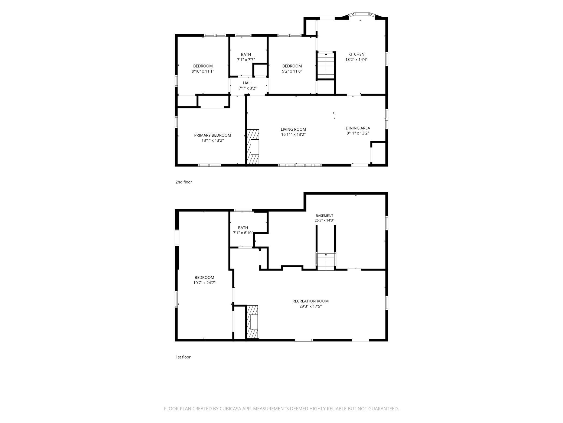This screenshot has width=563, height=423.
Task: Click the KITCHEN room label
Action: [356, 54]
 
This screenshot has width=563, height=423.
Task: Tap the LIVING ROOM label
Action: [293, 129]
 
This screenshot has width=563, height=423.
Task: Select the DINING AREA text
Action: [358, 128]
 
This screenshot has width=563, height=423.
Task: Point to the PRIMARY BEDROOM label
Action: [212, 135]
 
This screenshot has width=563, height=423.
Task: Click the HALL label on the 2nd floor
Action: [248, 83]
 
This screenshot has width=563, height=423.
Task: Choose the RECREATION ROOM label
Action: [310, 301]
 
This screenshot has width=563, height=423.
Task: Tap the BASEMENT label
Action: [325, 216]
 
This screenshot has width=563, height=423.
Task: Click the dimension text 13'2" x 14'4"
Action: [356, 60]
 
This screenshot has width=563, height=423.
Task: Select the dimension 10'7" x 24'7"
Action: [204, 283]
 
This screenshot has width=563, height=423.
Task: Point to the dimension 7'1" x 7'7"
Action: [246, 60]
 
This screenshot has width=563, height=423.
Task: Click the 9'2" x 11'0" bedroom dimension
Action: [292, 71]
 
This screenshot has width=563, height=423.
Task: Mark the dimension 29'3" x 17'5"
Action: [310, 306]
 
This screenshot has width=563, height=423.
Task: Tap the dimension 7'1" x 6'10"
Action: [243, 233]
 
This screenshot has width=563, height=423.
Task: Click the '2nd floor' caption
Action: [184, 182]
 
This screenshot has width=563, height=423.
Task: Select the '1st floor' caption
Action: [183, 357]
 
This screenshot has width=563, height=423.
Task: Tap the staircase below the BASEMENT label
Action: [326, 262]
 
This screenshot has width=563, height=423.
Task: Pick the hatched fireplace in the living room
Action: [253, 147]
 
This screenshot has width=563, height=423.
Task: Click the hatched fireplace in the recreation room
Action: [253, 322]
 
